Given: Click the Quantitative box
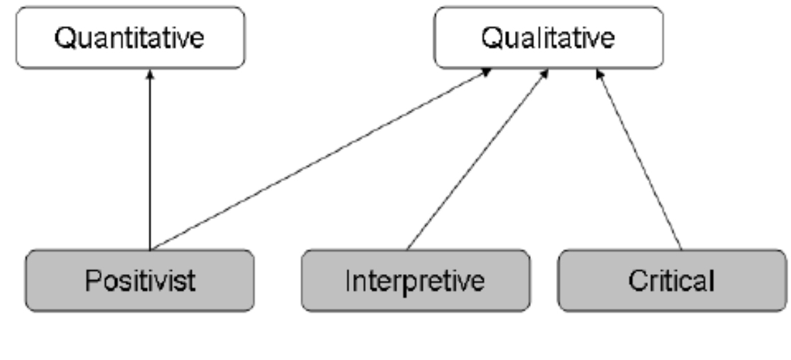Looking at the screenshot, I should (130, 38).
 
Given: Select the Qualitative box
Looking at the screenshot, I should (548, 38).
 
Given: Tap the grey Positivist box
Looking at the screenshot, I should (140, 280).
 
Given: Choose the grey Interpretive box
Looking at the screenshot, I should (415, 280).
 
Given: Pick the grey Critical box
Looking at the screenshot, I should (671, 280).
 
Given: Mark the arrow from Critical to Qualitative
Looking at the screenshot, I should (639, 160).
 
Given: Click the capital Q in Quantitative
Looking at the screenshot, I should (64, 38).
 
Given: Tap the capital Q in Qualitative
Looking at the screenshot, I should (492, 38).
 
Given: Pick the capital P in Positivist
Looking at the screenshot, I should (92, 280).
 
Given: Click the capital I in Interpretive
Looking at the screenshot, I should (348, 280).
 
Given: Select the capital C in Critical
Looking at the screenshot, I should (637, 280).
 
